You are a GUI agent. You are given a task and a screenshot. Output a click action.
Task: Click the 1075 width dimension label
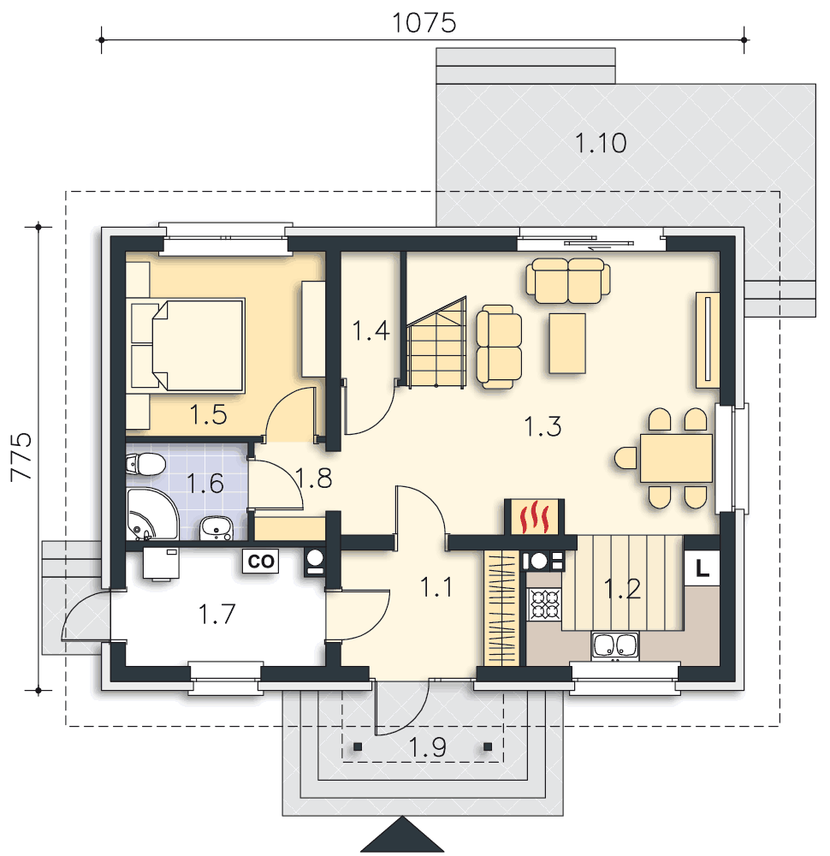point(424,23)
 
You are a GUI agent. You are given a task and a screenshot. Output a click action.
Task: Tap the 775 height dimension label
point(22,457)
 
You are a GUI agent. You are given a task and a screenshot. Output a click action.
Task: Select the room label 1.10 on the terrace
point(601,143)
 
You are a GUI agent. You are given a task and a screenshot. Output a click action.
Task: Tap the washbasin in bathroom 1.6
point(216,528)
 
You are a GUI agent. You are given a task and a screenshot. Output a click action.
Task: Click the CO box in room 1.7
point(260,562)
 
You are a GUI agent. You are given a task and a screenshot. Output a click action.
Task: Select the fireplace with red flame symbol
point(534,516)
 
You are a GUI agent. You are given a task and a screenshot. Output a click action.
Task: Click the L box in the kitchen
point(702,568)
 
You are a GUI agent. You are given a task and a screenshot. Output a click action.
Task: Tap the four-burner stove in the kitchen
point(544,603)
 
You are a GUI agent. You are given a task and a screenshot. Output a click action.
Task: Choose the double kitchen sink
point(615,646)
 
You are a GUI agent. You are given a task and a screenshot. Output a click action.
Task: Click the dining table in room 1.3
point(676,457)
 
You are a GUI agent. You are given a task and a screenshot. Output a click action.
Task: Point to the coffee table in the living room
point(567,343)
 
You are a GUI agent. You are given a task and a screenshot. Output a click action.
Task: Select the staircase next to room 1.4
point(436,342)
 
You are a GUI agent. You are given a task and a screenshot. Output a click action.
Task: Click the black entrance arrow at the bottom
point(402,835)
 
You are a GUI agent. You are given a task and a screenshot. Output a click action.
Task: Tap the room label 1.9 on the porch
point(427,747)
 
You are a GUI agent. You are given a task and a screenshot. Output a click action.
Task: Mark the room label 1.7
point(216,614)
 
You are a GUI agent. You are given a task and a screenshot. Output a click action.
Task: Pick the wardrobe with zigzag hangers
point(501,608)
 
